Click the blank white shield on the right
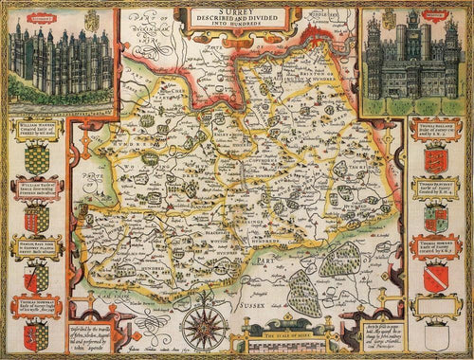coord(439,334)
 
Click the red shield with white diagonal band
coord(439,277)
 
